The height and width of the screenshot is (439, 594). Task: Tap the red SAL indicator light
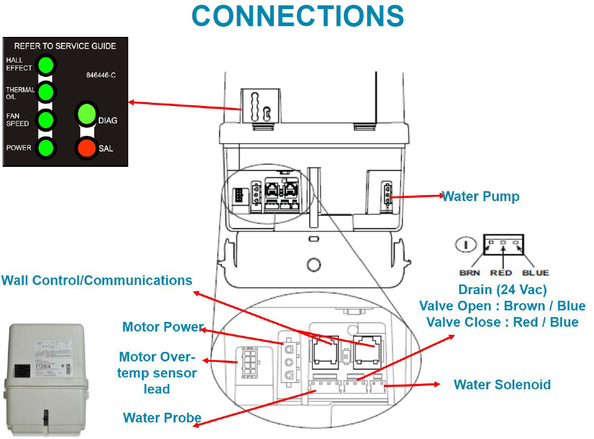86,148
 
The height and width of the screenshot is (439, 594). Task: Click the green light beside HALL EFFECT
46,65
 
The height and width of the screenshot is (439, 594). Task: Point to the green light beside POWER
46,148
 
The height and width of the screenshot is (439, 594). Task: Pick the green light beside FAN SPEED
46,119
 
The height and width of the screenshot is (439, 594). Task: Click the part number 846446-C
101,75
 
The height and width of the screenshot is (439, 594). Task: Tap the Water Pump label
481,196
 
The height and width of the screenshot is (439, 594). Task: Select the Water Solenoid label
502,384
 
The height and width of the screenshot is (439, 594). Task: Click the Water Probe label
162,418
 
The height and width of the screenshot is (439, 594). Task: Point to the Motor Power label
163,327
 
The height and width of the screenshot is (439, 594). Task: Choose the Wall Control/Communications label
97,280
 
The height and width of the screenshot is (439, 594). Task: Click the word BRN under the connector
470,273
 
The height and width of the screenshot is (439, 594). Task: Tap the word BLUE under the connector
535,273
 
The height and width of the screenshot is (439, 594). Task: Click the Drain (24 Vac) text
503,290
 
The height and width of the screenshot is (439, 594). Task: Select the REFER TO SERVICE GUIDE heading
65,46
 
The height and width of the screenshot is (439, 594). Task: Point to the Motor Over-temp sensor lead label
157,373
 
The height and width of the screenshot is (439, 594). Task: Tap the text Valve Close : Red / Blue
502,322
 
